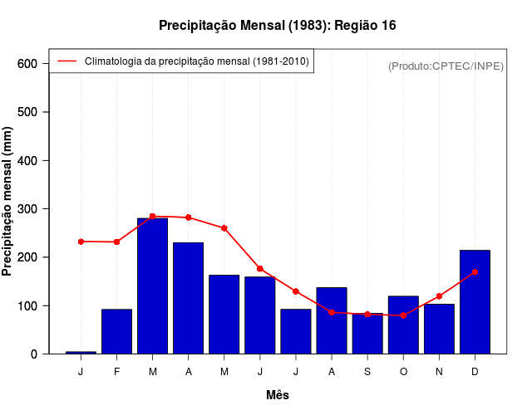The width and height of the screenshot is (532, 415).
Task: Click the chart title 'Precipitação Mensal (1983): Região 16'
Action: tap(277, 26)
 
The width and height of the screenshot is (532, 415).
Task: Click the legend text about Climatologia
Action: tap(196, 61)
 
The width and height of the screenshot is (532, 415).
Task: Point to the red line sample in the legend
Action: tap(66, 61)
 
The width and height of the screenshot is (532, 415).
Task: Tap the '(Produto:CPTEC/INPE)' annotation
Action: tap(446, 66)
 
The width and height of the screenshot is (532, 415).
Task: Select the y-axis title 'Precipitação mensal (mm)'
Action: tap(8, 202)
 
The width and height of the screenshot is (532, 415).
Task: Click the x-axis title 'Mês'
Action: tap(278, 395)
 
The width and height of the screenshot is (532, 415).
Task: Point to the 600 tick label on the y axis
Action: tap(28, 64)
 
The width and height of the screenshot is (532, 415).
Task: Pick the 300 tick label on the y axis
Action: tap(28, 209)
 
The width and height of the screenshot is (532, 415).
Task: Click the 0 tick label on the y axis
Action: tap(33, 354)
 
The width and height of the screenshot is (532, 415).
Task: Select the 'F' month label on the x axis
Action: tap(116, 372)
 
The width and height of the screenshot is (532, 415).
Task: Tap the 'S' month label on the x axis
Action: tap(367, 372)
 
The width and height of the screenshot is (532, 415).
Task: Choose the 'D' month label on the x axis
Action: tap(475, 372)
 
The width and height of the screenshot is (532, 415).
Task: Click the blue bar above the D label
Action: tap(475, 302)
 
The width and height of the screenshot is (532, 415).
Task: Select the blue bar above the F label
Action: tap(116, 331)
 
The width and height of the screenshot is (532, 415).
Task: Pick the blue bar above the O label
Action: tap(403, 325)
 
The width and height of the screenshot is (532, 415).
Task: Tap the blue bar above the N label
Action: tap(439, 329)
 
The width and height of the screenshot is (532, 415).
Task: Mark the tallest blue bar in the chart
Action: tap(152, 286)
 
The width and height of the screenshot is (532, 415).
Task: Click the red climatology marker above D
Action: tap(475, 271)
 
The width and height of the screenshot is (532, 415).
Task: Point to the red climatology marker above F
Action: tap(116, 242)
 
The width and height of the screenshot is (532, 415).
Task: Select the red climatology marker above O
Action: tap(403, 315)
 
